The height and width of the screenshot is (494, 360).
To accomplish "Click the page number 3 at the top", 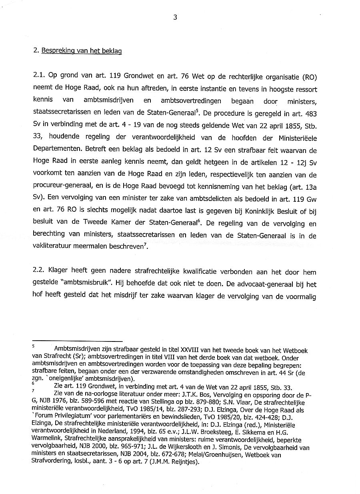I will [x=175, y=17].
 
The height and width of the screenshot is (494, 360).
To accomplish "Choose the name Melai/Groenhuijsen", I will [x=242, y=455].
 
